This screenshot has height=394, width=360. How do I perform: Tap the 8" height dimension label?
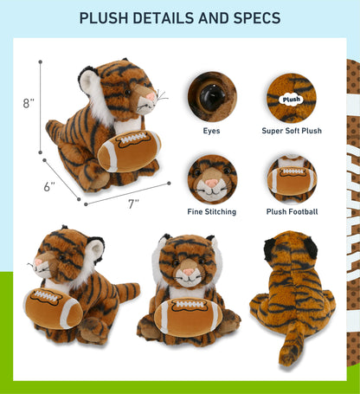[29, 103]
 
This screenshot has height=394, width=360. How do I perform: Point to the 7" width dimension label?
[133, 204]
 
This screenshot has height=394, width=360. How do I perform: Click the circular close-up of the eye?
[212, 96]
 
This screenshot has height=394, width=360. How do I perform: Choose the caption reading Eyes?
[212, 132]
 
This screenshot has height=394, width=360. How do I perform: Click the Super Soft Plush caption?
[292, 132]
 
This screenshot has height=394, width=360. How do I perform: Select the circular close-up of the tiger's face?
[212, 178]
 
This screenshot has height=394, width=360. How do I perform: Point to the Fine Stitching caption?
[212, 211]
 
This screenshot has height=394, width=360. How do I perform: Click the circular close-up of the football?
[292, 178]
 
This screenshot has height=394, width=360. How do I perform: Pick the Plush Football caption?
[292, 211]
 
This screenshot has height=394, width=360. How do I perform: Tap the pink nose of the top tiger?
[151, 93]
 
